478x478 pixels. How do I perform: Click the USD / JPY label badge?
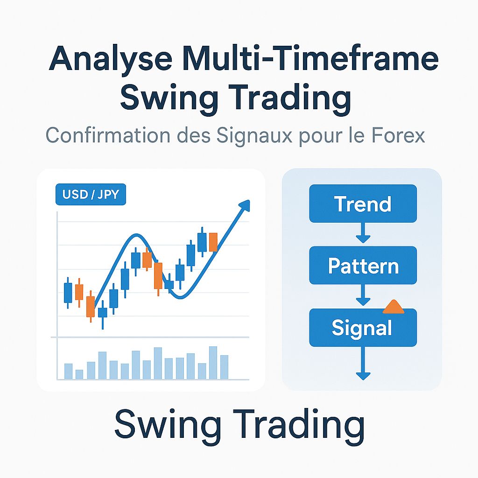(91, 195)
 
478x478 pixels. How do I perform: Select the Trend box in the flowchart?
(363, 204)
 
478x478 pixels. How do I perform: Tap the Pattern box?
(363, 266)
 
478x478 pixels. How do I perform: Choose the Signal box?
(362, 328)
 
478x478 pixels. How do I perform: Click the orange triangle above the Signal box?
(393, 306)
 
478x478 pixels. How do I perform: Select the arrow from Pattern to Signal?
(363, 295)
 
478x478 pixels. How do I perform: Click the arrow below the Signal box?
(363, 364)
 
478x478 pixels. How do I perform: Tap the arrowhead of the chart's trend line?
(245, 205)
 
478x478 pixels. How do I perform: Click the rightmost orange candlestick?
(213, 242)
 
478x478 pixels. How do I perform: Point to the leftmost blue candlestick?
(68, 292)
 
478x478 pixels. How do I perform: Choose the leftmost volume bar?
(68, 371)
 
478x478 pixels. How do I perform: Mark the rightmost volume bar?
(225, 367)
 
